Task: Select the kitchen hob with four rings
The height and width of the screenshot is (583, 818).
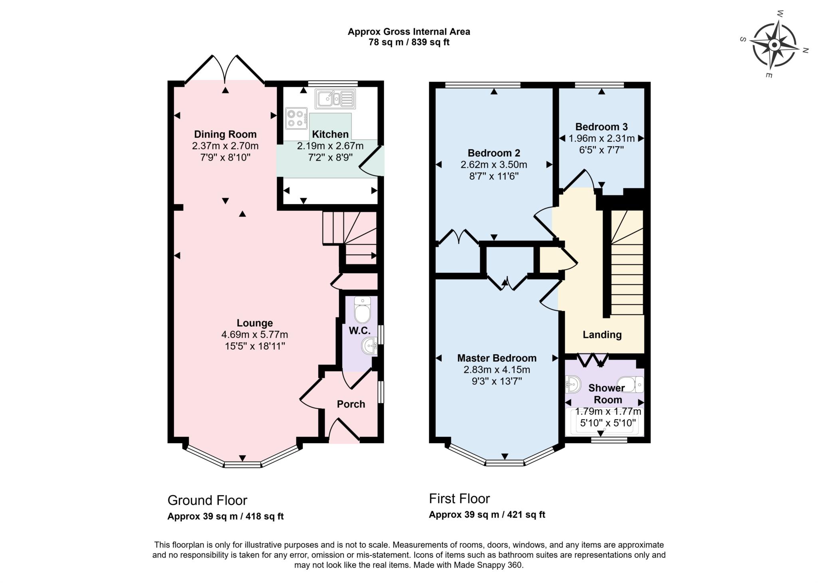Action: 296,118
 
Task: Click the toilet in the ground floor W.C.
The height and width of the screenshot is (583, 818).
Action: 363,310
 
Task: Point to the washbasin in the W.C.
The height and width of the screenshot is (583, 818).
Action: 369,345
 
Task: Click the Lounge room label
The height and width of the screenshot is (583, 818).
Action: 254,323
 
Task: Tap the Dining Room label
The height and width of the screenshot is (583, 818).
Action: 225,134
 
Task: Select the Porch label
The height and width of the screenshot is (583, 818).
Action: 351,404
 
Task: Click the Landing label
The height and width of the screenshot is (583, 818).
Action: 602,335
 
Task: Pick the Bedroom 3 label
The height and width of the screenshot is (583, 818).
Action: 601,127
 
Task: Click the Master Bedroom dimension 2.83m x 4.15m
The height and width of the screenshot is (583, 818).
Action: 496,370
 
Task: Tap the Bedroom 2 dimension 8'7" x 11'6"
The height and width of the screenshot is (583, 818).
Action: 494,176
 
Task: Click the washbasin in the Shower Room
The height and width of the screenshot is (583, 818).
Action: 573,385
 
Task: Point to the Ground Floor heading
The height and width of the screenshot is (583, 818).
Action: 207,500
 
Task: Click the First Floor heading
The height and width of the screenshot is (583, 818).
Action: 459,499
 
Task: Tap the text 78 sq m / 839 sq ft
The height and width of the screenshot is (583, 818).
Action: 409,42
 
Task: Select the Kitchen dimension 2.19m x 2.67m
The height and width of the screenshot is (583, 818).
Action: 330,146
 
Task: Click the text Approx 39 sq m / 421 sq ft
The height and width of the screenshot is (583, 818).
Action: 487,515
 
